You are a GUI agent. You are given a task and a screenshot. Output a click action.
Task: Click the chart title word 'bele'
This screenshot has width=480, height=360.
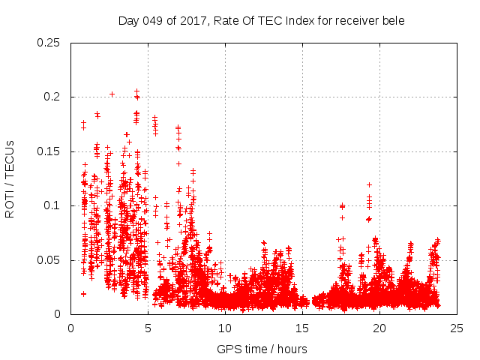[392, 20]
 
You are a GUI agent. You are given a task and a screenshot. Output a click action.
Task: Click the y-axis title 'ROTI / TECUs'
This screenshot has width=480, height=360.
[10, 179]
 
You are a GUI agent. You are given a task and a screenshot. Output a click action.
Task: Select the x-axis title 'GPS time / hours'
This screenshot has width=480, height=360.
[262, 349]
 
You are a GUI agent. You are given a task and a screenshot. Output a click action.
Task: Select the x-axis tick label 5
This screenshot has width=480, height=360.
[148, 328]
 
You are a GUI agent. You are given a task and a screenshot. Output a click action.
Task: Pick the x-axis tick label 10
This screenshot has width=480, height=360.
[225, 328]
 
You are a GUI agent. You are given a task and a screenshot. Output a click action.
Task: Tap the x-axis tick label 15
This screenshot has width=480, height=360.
[302, 328]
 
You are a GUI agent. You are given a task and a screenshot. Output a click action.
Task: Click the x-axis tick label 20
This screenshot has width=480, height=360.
[379, 328]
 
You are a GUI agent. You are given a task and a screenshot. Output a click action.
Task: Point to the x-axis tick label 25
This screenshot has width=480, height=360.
[457, 328]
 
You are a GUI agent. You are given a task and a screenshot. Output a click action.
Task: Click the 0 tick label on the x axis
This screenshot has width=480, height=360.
[70, 328]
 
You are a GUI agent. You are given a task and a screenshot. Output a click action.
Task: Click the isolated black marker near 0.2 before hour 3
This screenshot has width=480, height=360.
[112, 94]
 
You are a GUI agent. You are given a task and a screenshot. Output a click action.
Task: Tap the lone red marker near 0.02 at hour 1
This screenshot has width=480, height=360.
[83, 293]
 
